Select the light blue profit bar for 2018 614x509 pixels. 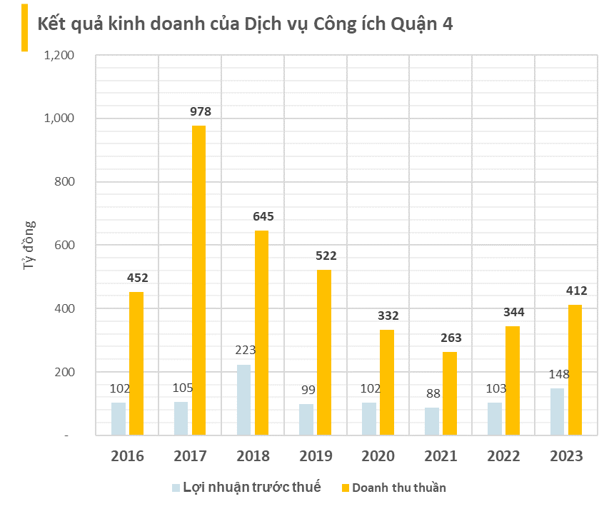point(243,400)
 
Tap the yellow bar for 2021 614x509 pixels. point(449,393)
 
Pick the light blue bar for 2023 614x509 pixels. point(557,412)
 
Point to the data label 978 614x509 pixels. point(201,112)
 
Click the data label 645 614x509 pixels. point(263,216)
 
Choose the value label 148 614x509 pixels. point(558,373)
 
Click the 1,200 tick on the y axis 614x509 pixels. point(59,56)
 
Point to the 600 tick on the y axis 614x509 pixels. point(66,246)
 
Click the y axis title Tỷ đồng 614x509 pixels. point(29,245)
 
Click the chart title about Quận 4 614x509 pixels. point(245,24)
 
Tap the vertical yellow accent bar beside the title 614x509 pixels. point(24,27)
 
